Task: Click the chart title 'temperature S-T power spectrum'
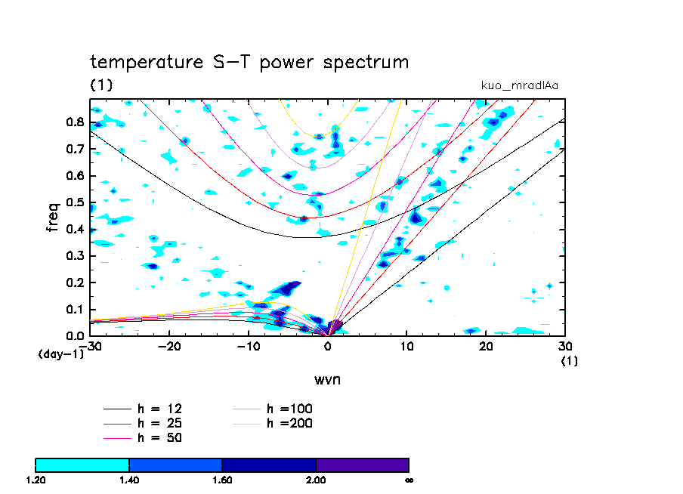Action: pos(249,62)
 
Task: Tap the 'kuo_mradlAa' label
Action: pos(520,85)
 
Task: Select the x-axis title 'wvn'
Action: pos(327,378)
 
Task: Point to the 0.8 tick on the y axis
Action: pos(74,122)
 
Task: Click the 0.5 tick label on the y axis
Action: pos(74,202)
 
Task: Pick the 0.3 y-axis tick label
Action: pos(74,256)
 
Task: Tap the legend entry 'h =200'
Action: pos(289,423)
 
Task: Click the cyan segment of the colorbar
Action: pos(82,465)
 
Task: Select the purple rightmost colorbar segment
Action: pos(362,465)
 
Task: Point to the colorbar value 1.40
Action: pos(129,479)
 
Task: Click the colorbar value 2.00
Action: pos(316,479)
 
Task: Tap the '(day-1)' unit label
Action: pos(60,354)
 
